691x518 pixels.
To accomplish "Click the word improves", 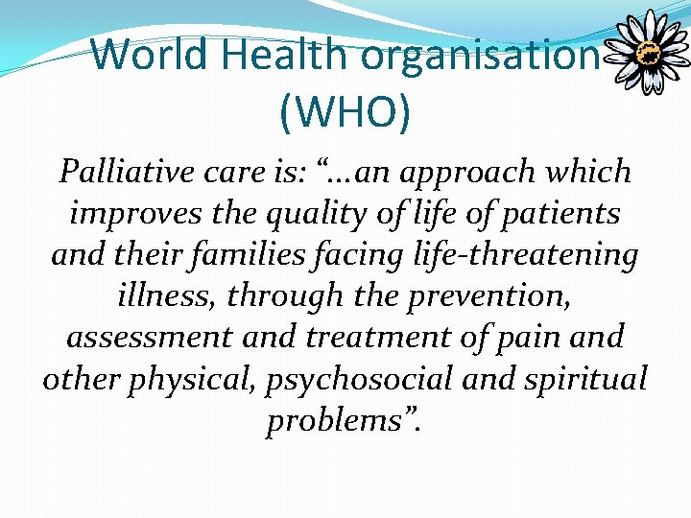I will pyautogui.click(x=131, y=214).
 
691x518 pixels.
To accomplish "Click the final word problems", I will pyautogui.click(x=342, y=421).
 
